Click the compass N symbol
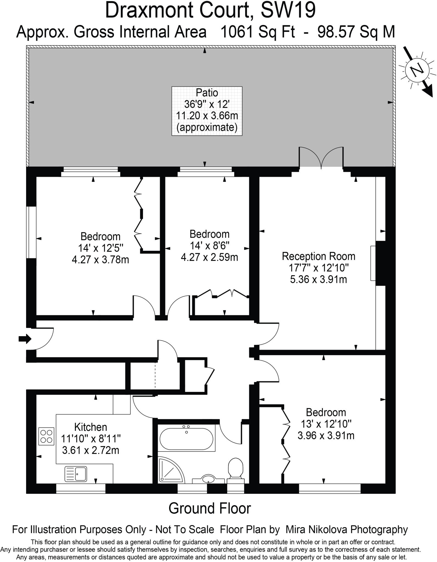417,70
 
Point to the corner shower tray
170,470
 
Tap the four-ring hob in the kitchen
46,436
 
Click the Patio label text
207,93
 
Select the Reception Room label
318,256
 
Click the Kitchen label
91,427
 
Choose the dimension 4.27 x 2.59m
209,257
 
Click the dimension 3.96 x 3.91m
326,435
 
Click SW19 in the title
288,10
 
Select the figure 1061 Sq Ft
258,32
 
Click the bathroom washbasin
208,479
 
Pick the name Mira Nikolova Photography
347,529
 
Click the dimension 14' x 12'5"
100,248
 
